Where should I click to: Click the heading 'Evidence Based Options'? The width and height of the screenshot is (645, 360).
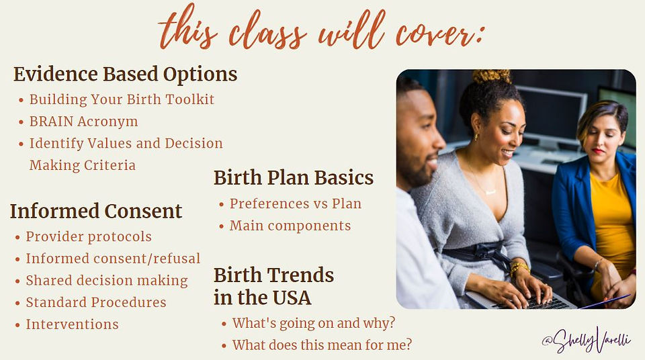click(125, 75)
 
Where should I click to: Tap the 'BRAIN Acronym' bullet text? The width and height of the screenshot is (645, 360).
click(83, 122)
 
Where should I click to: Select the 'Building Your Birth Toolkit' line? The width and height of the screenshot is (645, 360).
click(122, 99)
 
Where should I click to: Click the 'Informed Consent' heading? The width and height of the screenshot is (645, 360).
click(96, 211)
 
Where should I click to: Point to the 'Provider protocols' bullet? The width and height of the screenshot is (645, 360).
click(89, 236)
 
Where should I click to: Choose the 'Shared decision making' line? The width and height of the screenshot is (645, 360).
click(107, 281)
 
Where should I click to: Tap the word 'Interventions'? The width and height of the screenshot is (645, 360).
click(72, 324)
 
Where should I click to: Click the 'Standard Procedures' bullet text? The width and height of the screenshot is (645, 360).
click(96, 302)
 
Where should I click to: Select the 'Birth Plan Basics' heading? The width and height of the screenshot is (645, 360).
click(294, 178)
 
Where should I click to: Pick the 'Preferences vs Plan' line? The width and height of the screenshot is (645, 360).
click(296, 204)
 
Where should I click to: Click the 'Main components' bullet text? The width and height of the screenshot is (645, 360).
click(290, 226)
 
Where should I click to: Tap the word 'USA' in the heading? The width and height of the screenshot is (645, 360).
click(292, 298)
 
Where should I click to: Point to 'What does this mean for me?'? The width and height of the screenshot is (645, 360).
click(322, 345)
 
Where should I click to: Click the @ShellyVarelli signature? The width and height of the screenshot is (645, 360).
click(586, 339)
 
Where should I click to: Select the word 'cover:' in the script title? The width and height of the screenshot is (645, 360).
click(439, 34)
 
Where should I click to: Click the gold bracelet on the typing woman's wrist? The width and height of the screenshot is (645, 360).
click(519, 268)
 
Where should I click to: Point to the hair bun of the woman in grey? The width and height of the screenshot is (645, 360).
click(492, 76)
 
